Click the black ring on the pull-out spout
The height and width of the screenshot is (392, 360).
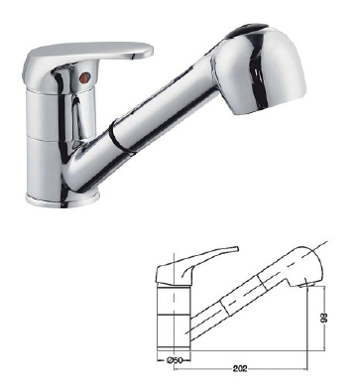(x=117, y=137)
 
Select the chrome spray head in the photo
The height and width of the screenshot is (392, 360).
(x=261, y=69)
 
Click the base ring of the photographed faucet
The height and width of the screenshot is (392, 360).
(x=62, y=199)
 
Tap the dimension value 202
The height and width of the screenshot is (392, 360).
(x=240, y=369)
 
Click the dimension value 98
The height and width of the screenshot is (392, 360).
(x=324, y=318)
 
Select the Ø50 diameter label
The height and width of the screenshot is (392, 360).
(x=175, y=360)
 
